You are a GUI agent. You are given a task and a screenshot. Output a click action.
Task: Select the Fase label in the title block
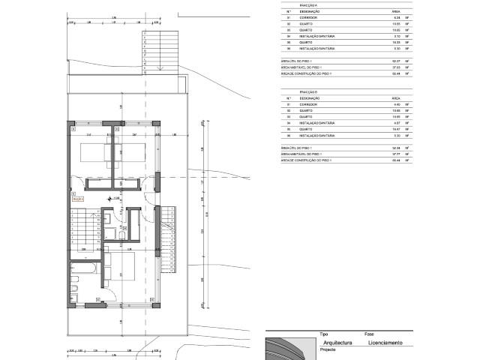pos(369,333)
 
